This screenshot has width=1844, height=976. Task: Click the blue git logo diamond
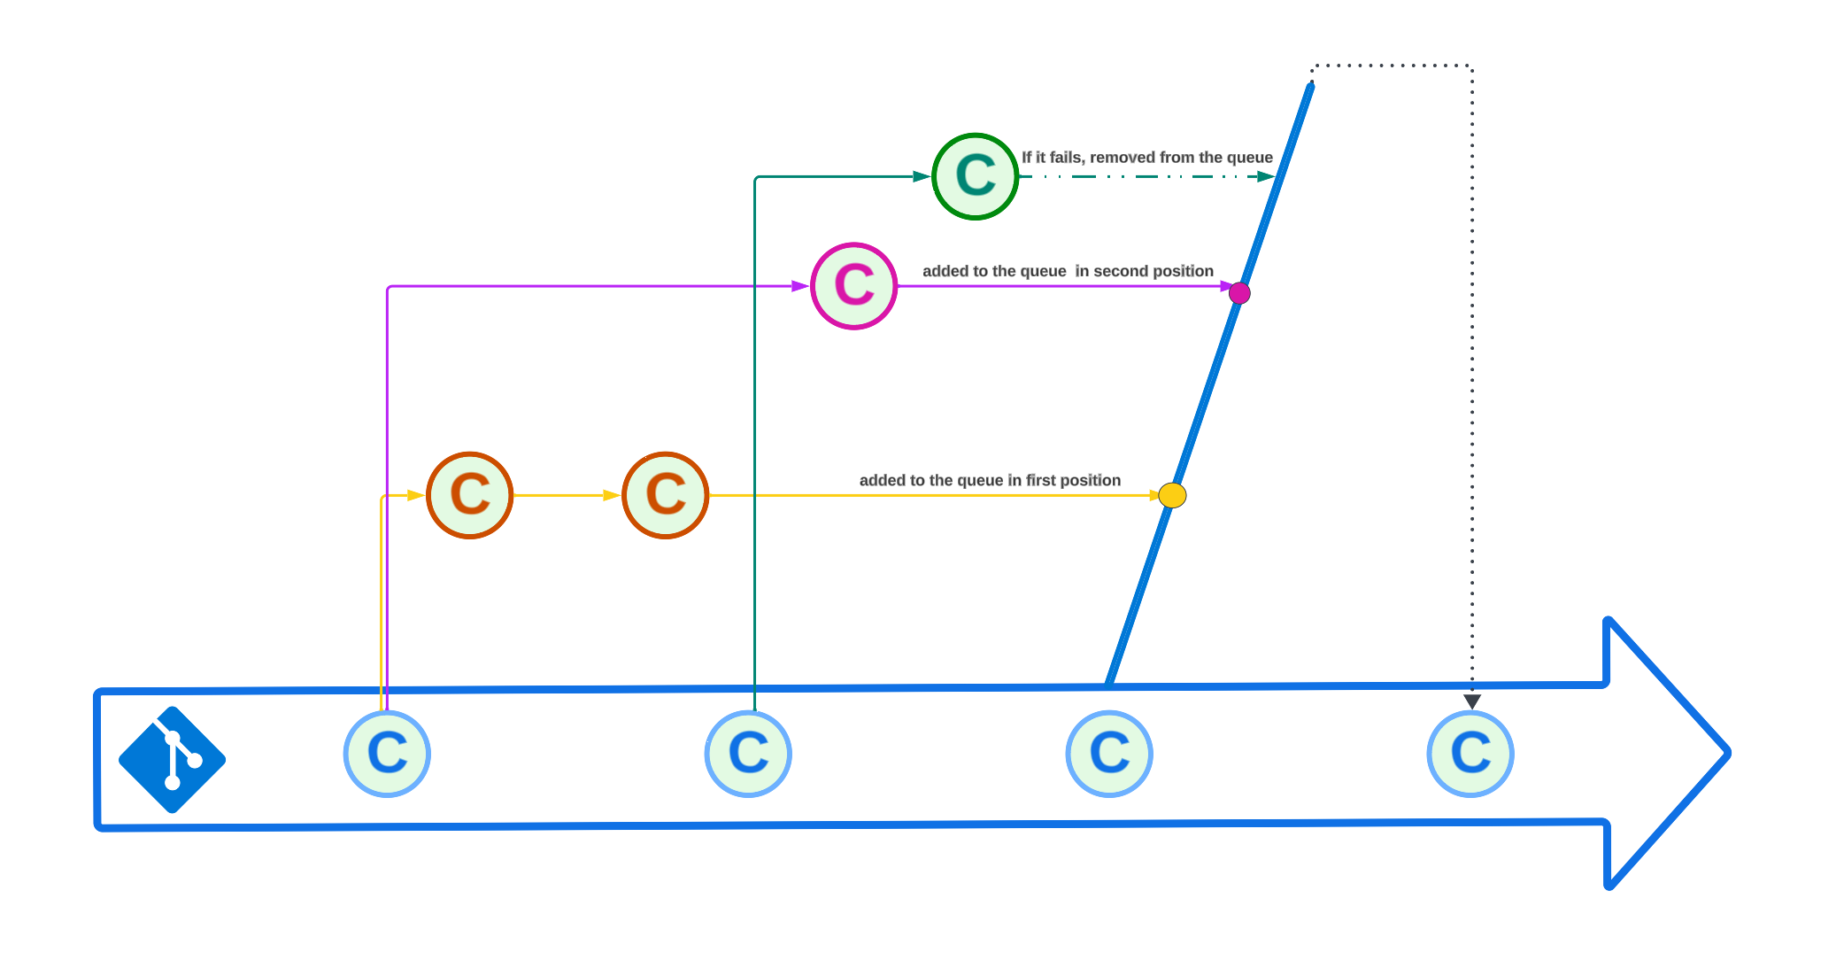click(x=173, y=760)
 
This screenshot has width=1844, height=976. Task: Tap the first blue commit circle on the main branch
click(x=387, y=754)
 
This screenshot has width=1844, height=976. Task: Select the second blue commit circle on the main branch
click(x=748, y=754)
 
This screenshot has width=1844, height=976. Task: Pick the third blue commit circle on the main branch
click(x=1109, y=754)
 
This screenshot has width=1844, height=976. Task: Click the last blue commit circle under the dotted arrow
click(x=1470, y=754)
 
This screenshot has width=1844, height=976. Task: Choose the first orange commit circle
click(x=470, y=495)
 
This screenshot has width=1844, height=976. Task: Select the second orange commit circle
click(x=666, y=495)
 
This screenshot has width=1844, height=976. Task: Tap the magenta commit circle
click(x=854, y=286)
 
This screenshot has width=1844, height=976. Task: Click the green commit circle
click(x=976, y=176)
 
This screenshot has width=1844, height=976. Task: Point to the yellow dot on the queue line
click(x=1172, y=495)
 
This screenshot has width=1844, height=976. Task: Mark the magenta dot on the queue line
click(x=1239, y=293)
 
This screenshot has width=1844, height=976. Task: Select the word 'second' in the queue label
click(x=1117, y=271)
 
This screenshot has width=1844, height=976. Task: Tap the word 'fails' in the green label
click(x=1066, y=158)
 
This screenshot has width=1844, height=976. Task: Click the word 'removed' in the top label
click(x=1122, y=158)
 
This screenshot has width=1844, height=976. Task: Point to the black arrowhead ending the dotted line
click(x=1472, y=701)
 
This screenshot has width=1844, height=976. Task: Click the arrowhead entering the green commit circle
click(x=922, y=176)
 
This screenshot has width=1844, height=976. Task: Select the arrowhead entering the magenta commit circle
click(x=799, y=286)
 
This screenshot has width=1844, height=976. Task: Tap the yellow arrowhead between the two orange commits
click(x=611, y=495)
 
